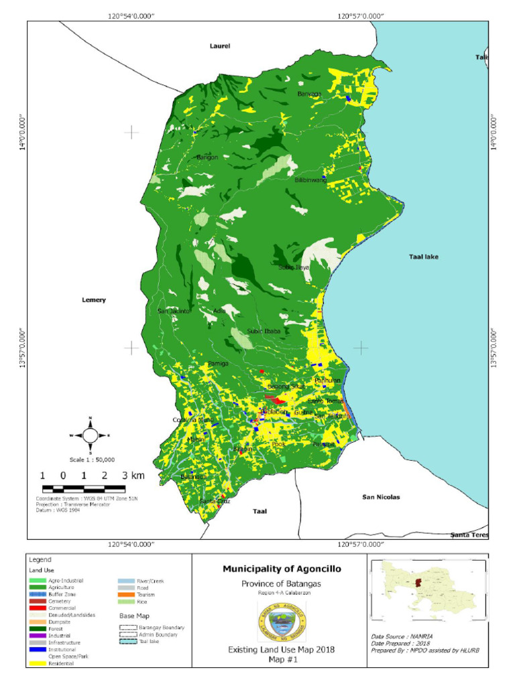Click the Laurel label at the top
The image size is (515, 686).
tap(219, 46)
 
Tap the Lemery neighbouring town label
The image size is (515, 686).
tap(94, 300)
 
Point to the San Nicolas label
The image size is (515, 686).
tap(381, 497)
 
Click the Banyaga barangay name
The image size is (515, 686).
tap(310, 94)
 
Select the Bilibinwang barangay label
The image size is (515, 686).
tap(310, 180)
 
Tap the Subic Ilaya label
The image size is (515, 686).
tap(294, 267)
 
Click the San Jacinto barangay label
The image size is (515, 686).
tap(174, 311)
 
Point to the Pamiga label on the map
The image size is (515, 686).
tap(218, 364)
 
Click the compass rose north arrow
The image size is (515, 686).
tap(90, 435)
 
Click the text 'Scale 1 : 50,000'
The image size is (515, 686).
tap(93, 460)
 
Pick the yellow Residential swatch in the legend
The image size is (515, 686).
tap(38, 665)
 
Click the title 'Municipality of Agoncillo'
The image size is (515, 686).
tap(282, 569)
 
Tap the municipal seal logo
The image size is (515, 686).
tap(282, 622)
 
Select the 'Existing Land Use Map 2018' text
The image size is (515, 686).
tap(281, 650)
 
